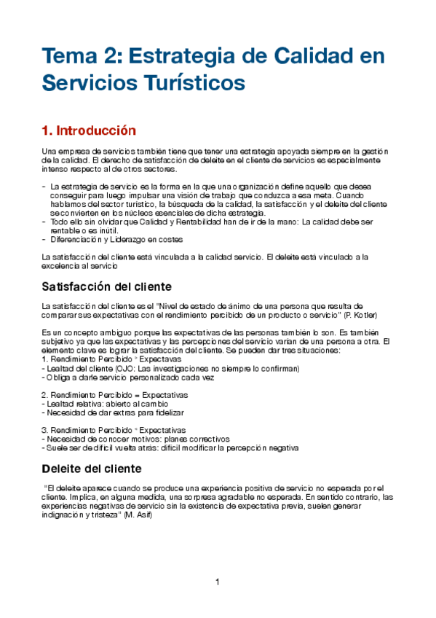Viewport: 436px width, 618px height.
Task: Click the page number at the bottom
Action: [217, 582]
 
